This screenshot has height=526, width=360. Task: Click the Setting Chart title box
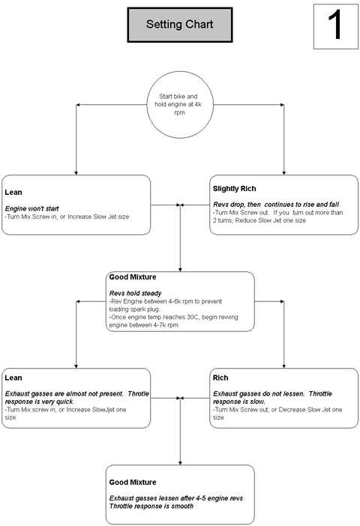coord(180,25)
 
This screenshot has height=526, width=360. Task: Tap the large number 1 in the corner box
coord(334,25)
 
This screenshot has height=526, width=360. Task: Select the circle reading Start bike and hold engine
coord(180,104)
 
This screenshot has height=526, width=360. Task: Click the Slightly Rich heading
coord(235,189)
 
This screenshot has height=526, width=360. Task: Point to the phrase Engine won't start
coord(32,208)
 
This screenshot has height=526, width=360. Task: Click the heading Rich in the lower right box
coord(220,378)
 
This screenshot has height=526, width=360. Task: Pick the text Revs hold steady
coord(135,293)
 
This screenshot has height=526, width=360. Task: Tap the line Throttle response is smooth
coord(151,507)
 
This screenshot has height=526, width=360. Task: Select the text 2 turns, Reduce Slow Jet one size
coord(259,220)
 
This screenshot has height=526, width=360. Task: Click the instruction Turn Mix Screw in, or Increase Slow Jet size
coord(67,217)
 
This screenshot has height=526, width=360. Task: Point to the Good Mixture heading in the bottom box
coord(133,483)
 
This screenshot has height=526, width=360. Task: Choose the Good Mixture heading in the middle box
coord(133,277)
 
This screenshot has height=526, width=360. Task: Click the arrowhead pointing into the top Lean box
coord(76,173)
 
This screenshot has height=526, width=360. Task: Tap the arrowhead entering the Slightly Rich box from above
coord(284,173)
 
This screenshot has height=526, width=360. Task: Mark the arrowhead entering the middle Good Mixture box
coord(180,270)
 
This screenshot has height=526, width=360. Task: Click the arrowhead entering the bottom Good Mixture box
coord(180,463)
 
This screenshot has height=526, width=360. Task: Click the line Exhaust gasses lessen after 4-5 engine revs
coord(176,498)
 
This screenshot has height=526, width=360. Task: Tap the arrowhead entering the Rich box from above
coord(284,366)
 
